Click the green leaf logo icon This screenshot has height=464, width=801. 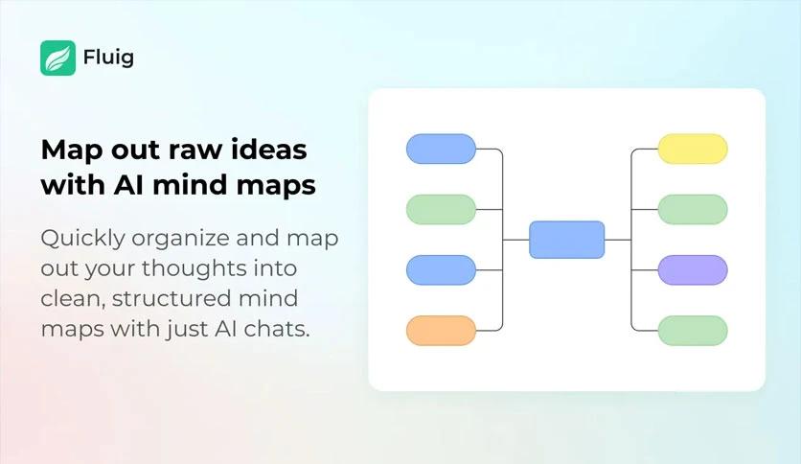pyautogui.click(x=57, y=58)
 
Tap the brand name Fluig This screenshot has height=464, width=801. pyautogui.click(x=108, y=58)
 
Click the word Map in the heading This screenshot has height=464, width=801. pyautogui.click(x=72, y=151)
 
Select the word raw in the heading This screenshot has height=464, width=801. pyautogui.click(x=195, y=151)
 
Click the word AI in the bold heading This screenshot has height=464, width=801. pyautogui.click(x=128, y=184)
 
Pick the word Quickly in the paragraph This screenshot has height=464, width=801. pyautogui.click(x=82, y=239)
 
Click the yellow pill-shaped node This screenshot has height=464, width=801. pyautogui.click(x=692, y=149)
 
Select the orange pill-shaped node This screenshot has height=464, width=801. pyautogui.click(x=441, y=331)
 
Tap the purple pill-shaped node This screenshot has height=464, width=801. pyautogui.click(x=692, y=269)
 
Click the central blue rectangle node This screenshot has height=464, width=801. pyautogui.click(x=566, y=240)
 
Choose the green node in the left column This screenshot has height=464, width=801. pyautogui.click(x=441, y=210)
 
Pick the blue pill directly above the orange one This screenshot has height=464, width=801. pyautogui.click(x=441, y=269)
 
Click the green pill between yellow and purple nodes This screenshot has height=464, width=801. pyautogui.click(x=692, y=210)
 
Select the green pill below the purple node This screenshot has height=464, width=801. pyautogui.click(x=692, y=331)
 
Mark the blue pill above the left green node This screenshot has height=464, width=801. pyautogui.click(x=441, y=149)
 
